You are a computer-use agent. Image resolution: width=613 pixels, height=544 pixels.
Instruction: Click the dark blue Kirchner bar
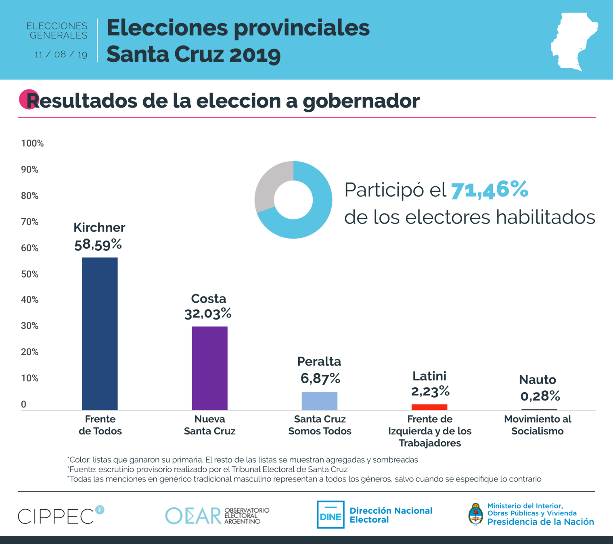coord(100,334)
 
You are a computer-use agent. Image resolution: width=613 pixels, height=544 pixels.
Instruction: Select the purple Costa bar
coord(209,368)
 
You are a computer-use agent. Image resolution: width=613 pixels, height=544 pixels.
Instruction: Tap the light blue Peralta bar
coord(319,401)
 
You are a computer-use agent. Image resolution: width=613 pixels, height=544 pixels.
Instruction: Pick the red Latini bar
coord(429,407)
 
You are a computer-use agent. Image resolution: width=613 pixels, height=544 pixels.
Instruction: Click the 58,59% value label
coord(98,245)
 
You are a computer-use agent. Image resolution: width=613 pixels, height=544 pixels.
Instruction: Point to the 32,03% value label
coord(208,314)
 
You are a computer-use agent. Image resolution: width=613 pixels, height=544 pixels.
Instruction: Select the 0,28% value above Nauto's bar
coord(540,396)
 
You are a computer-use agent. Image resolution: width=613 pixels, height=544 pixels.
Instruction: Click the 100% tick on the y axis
coord(32,143)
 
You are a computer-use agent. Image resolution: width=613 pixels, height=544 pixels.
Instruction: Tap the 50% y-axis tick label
coord(29,274)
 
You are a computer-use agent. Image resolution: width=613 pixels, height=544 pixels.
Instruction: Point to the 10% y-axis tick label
coord(29,378)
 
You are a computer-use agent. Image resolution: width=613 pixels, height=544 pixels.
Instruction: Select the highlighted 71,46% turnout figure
coord(489,190)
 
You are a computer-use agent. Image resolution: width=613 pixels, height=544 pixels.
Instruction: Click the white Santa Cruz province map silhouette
coord(573,40)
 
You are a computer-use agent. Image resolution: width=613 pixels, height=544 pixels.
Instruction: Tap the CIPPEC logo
coord(61,515)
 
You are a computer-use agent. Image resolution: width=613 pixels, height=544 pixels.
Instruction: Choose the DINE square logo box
coord(331,515)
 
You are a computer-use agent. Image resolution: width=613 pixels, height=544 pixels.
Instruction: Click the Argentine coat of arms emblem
coord(476,514)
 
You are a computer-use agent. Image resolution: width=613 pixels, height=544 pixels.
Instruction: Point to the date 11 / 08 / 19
coord(61,54)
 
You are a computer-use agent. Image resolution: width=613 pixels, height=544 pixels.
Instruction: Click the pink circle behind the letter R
coord(27,99)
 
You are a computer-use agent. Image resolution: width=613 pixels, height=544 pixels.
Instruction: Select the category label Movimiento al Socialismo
coord(538,425)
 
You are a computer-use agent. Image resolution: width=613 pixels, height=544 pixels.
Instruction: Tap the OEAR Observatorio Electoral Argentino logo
coord(217,516)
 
